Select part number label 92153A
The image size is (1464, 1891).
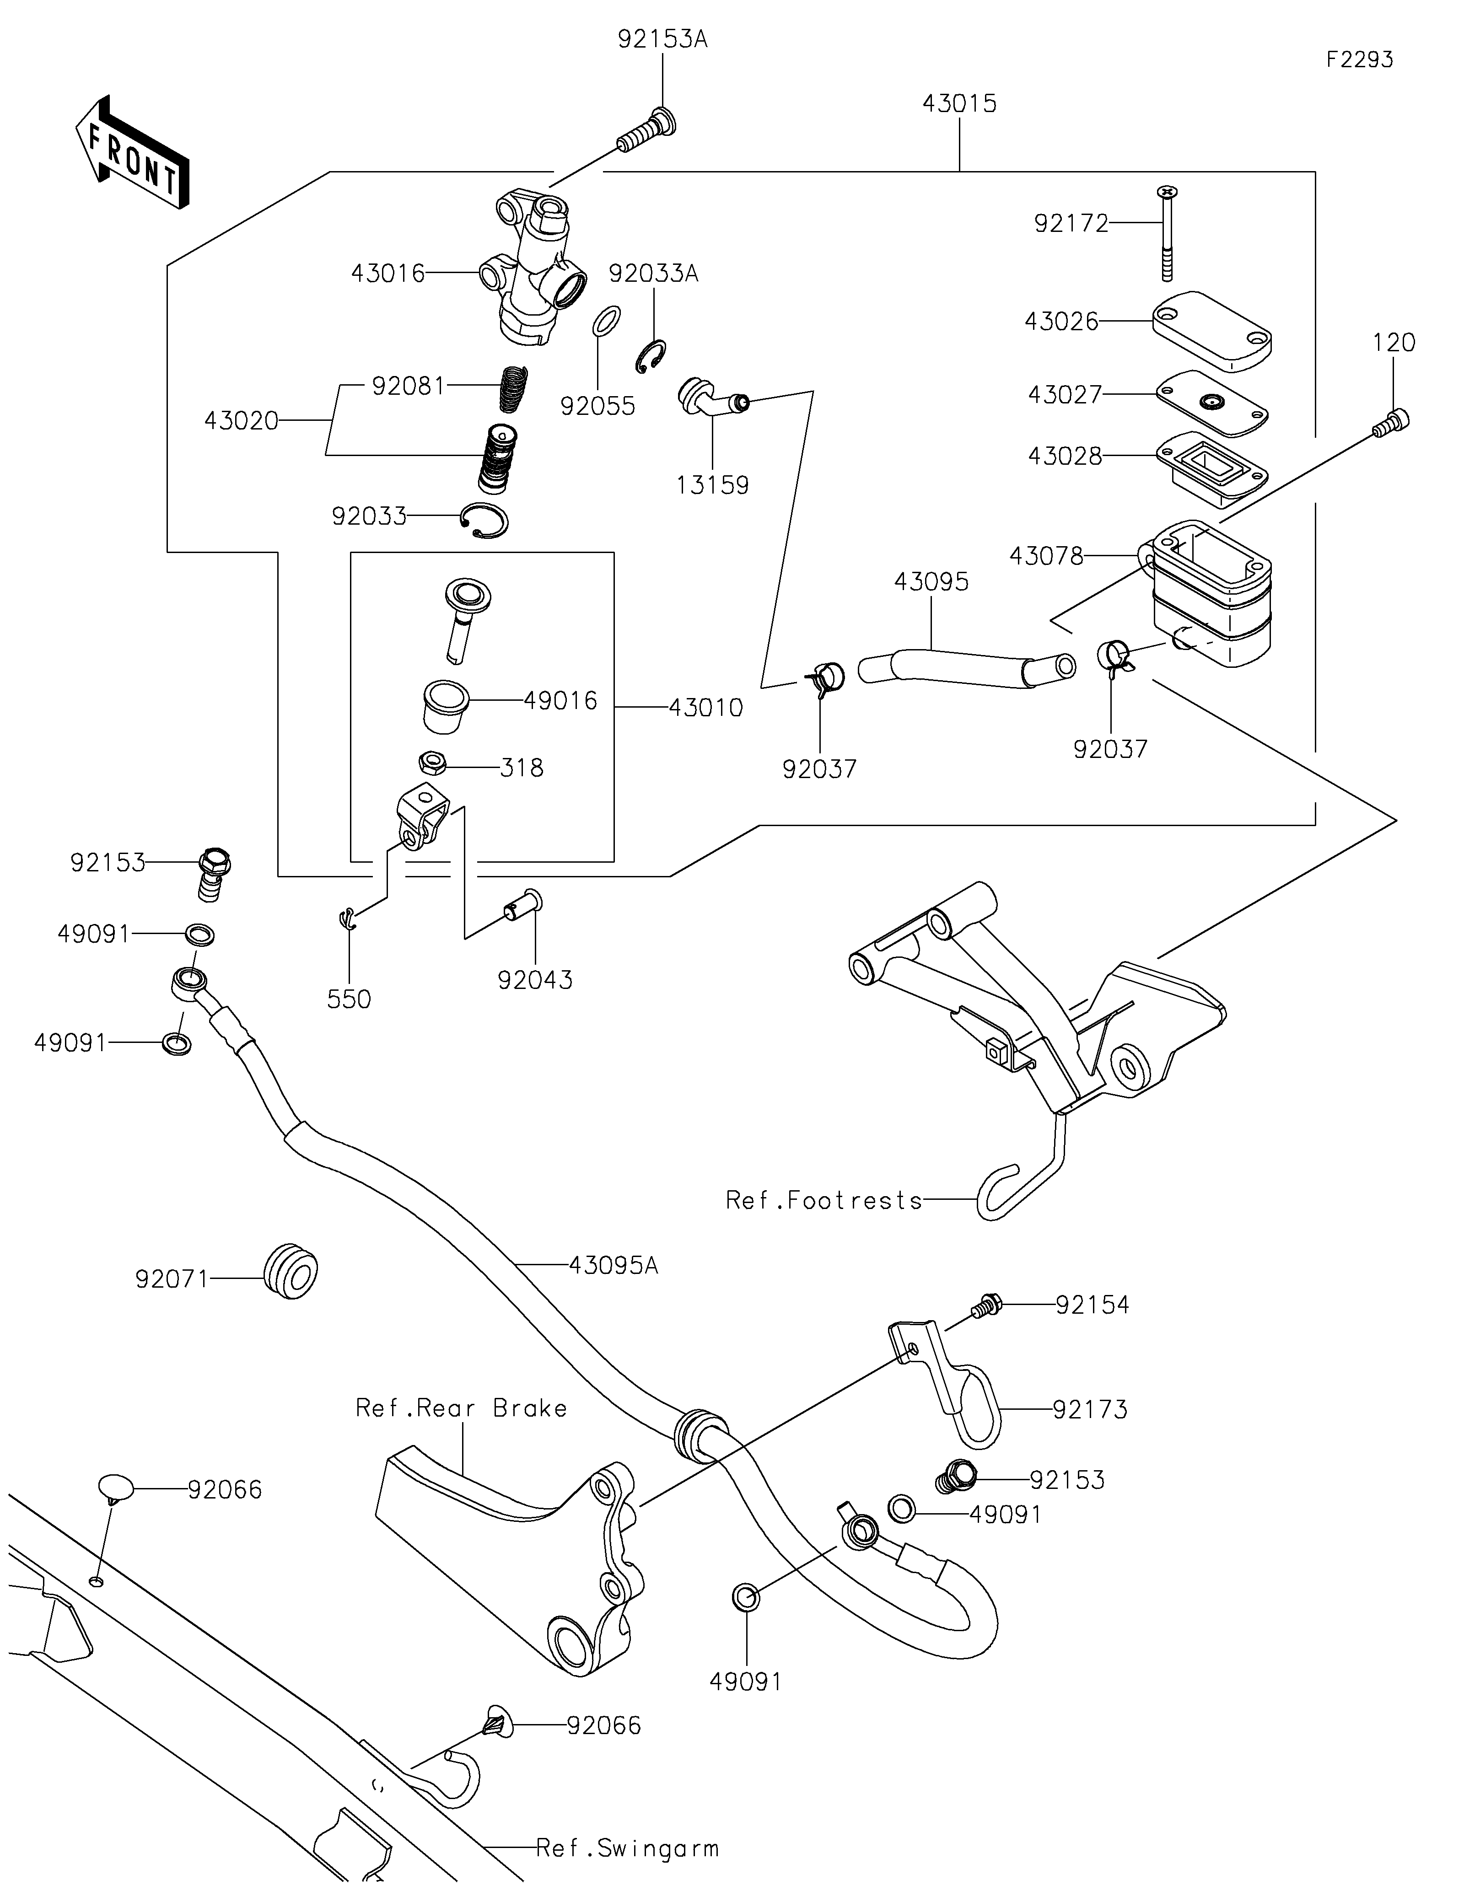pyautogui.click(x=662, y=40)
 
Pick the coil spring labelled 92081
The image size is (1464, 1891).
pyautogui.click(x=515, y=388)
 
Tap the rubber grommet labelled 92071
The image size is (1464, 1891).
pyautogui.click(x=290, y=1272)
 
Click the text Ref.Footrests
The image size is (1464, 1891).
pyautogui.click(x=823, y=1200)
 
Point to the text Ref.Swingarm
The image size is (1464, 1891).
pyautogui.click(x=627, y=1848)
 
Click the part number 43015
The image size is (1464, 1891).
pyautogui.click(x=959, y=104)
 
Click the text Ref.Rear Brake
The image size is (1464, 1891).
pyautogui.click(x=462, y=1408)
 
